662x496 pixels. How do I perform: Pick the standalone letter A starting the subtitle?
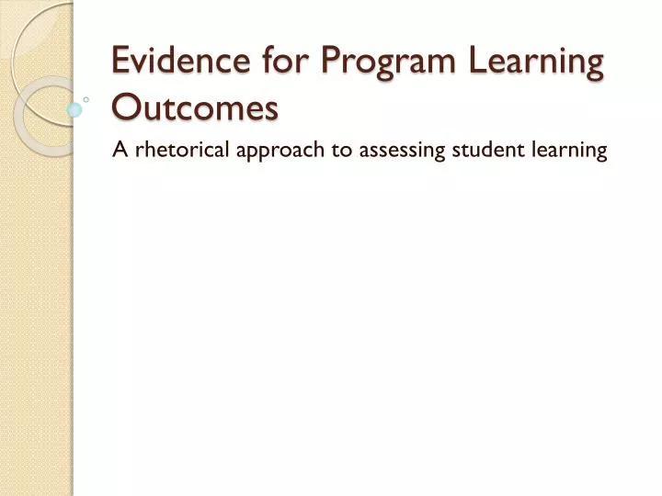119,151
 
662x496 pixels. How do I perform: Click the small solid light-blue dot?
74,108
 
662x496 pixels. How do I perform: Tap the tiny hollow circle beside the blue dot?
86,98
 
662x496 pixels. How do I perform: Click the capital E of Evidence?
120,62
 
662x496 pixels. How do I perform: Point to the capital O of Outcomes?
124,107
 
